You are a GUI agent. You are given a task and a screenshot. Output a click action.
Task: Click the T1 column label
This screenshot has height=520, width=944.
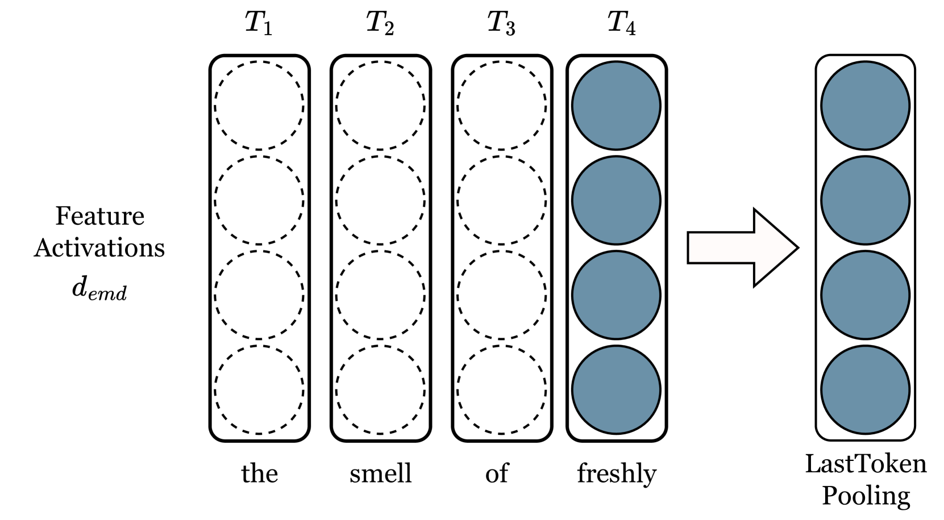tap(259, 23)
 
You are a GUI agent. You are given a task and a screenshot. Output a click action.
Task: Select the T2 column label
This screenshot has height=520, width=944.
tap(380, 23)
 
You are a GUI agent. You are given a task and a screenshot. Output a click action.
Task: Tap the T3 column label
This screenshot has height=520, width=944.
tap(502, 23)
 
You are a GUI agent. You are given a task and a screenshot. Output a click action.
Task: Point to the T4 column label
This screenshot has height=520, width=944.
tap(622, 23)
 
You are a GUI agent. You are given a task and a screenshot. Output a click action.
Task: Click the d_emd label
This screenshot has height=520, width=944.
tap(100, 287)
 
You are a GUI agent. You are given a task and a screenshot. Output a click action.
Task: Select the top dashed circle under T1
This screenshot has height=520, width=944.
tap(259, 106)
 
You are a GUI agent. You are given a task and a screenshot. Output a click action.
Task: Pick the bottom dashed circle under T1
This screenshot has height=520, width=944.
tap(259, 390)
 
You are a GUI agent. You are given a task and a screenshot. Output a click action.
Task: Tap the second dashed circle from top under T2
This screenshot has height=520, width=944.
tap(380, 200)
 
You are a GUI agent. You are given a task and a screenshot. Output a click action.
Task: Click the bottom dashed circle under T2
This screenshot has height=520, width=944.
tap(380, 390)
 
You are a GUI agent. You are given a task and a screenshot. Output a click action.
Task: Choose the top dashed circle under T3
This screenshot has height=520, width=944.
tap(502, 106)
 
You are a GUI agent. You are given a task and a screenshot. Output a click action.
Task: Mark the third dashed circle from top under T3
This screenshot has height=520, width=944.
tap(502, 295)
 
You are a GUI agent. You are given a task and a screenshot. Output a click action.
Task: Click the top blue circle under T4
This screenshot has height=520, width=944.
tap(616, 106)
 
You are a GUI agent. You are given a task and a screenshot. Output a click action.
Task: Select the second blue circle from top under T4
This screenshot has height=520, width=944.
tap(616, 200)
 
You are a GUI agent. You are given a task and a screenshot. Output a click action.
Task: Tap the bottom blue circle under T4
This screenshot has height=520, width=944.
tap(616, 390)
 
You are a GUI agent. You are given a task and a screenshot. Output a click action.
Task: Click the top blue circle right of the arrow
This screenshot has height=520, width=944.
tap(865, 106)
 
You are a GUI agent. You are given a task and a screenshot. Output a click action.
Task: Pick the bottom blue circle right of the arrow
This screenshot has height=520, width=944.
tap(865, 390)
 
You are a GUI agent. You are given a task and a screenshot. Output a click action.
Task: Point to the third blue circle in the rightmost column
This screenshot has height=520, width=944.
tap(865, 295)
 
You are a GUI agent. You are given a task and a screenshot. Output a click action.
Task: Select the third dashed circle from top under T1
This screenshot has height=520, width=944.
tap(259, 295)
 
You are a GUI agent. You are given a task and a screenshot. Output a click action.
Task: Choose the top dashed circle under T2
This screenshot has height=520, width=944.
tap(380, 106)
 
